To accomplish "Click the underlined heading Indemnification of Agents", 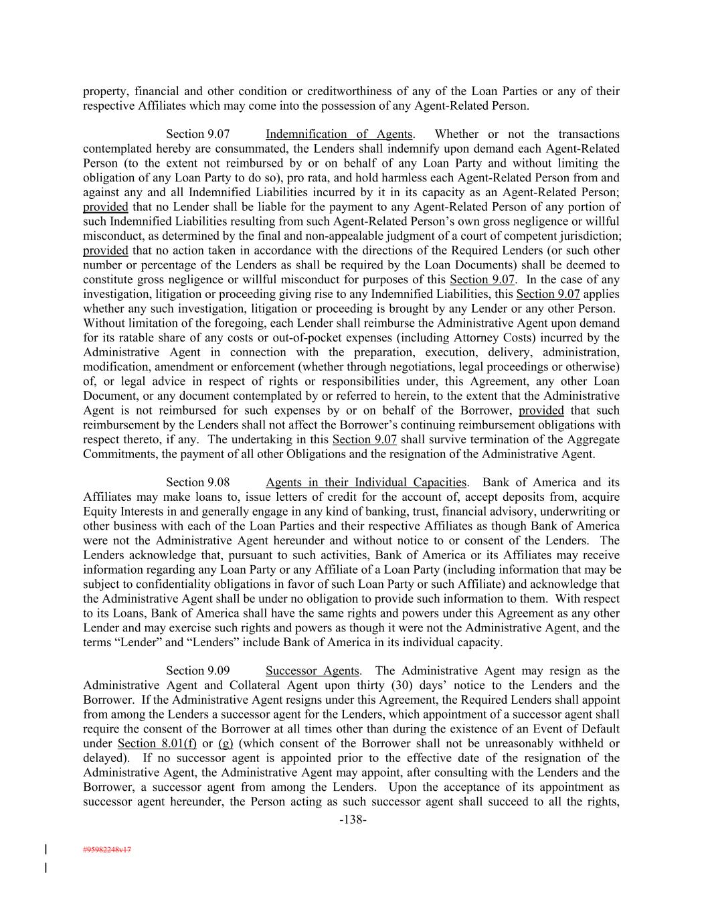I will pos(339,135).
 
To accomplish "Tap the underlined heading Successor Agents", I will pos(313,671).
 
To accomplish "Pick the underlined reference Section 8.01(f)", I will pos(157,744).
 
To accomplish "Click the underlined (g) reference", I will pos(226,744).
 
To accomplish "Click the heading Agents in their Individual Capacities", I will pos(366,483).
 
